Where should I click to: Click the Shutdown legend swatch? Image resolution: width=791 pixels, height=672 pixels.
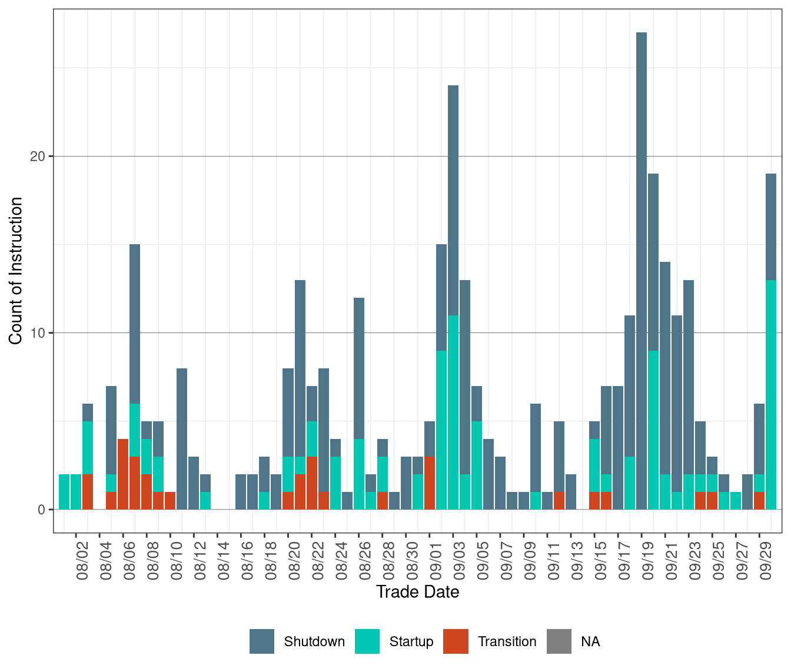(x=262, y=641)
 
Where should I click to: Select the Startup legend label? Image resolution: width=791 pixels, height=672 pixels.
(x=411, y=641)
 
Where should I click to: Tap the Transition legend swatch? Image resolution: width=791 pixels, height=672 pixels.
(x=456, y=641)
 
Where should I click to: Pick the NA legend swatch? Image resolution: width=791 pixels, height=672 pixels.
(x=559, y=641)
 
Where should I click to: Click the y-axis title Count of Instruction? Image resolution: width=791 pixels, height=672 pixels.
(x=16, y=271)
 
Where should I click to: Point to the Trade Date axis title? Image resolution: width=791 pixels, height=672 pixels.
(x=417, y=592)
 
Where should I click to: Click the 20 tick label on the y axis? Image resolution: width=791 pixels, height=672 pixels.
(x=38, y=157)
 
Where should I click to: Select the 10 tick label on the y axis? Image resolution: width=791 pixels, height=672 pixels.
(x=38, y=333)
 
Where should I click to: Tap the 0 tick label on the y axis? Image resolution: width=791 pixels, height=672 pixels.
(x=41, y=510)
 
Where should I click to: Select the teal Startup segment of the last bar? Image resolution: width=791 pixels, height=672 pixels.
(x=771, y=394)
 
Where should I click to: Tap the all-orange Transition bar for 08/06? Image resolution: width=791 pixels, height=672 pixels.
(x=123, y=474)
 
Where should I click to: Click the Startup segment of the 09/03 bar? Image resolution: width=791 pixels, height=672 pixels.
(x=453, y=412)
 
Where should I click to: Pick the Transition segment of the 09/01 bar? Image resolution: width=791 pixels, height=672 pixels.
(x=430, y=483)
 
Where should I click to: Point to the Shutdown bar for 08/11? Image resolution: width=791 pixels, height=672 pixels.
(x=182, y=438)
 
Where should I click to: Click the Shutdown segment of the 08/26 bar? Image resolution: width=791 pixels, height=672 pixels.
(x=359, y=368)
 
